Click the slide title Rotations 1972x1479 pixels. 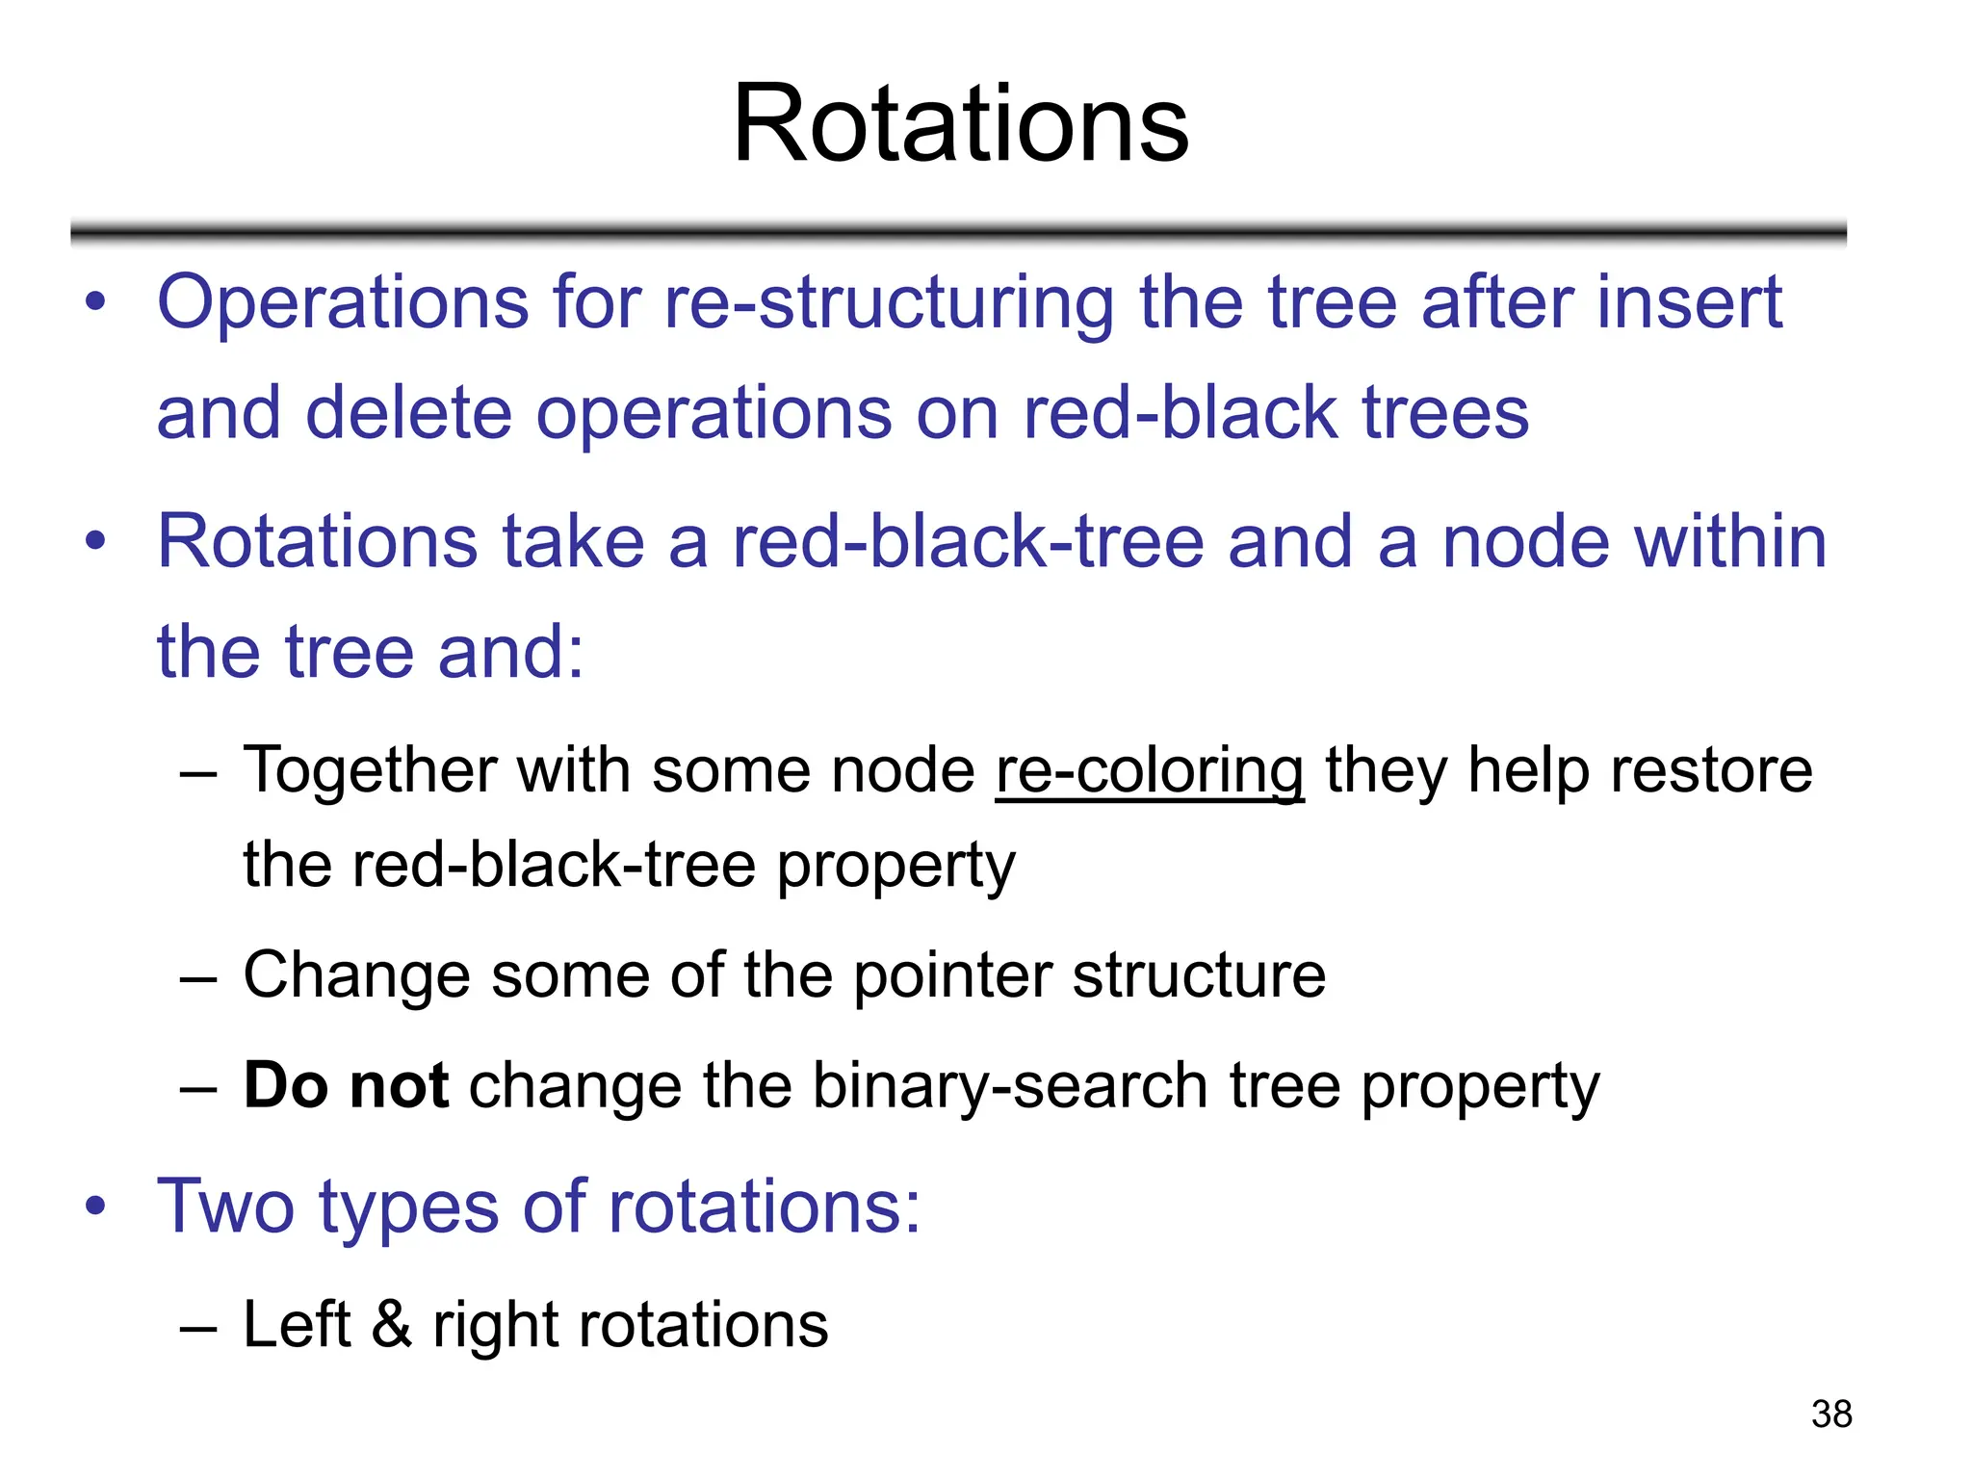(961, 125)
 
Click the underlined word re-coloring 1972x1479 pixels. (1149, 772)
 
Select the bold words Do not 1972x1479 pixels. (346, 1086)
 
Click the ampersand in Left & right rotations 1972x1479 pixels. (392, 1324)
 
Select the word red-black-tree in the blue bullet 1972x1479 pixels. (968, 542)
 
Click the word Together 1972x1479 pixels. (369, 772)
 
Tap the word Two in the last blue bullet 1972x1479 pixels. (225, 1207)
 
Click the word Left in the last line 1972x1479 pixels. (297, 1324)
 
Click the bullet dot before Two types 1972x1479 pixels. (94, 1207)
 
